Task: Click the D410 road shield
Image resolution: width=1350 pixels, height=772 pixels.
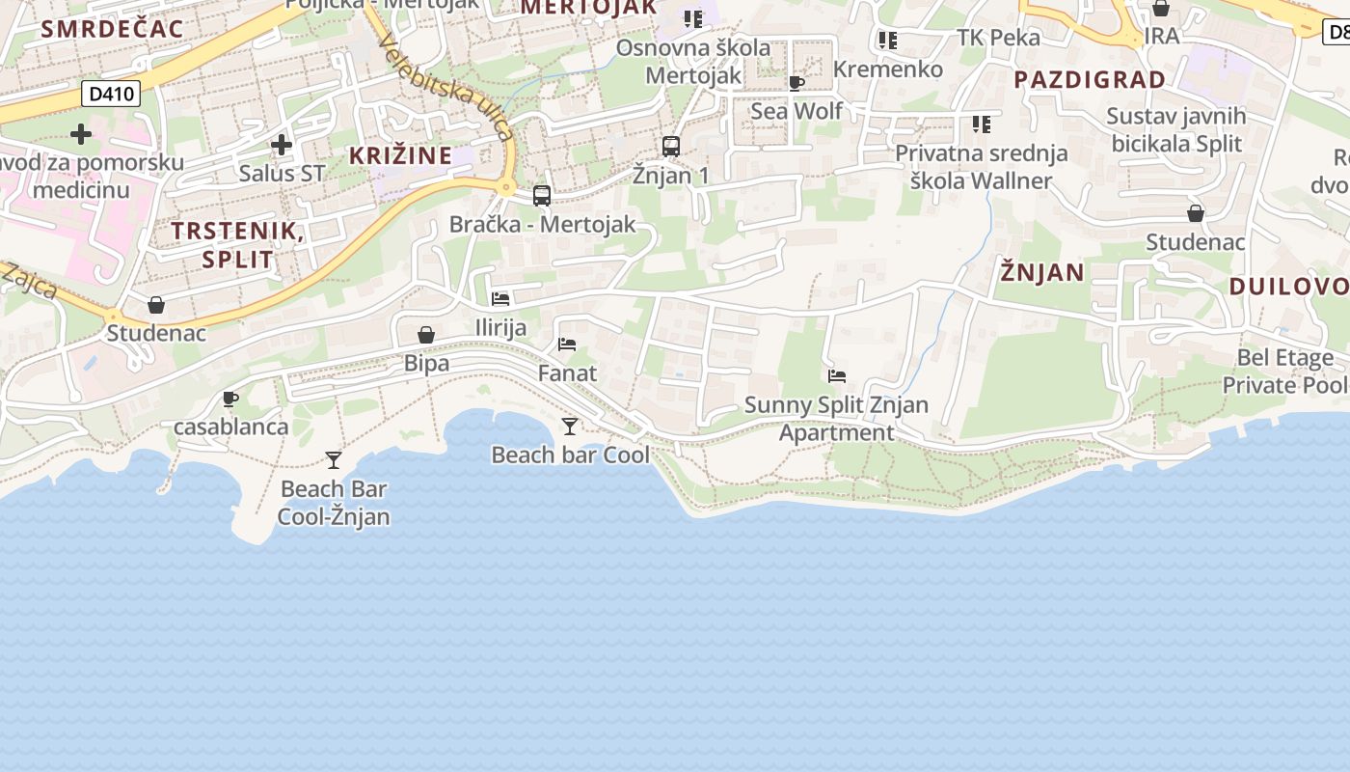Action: [111, 94]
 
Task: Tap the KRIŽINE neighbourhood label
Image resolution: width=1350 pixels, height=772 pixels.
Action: [400, 155]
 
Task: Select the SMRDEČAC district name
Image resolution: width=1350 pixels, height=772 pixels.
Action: [112, 29]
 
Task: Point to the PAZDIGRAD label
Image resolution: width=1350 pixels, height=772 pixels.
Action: [1090, 79]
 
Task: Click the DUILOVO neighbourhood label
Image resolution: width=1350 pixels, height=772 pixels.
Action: [1288, 286]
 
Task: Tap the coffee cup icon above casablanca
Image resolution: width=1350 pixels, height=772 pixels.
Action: [229, 399]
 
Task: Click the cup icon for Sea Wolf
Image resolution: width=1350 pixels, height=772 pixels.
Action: [796, 84]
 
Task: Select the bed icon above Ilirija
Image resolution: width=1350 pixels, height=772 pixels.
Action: [500, 299]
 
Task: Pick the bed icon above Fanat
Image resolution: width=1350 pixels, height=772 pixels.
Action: [567, 345]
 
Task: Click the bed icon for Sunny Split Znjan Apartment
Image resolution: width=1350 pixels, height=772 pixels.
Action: [837, 376]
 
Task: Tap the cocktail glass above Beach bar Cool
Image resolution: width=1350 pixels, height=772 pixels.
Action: [570, 426]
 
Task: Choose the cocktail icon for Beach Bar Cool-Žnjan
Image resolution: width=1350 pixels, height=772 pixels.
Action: [334, 460]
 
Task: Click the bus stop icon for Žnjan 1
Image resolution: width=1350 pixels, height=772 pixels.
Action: [671, 147]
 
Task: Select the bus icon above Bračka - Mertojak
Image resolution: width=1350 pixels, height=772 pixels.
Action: [542, 196]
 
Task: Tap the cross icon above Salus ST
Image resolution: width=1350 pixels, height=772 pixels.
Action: [281, 145]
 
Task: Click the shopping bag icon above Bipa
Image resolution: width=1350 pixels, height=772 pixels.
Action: [426, 335]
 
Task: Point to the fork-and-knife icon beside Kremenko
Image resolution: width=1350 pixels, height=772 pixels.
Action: [887, 41]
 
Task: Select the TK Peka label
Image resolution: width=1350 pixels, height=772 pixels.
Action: [998, 38]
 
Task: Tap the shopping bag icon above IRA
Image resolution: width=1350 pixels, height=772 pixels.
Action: [1161, 9]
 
